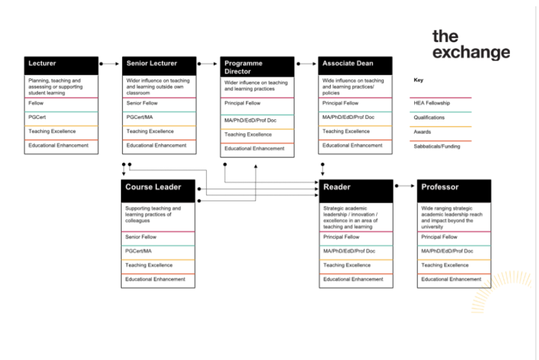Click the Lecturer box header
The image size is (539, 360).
point(61,66)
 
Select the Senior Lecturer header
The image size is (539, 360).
point(159,66)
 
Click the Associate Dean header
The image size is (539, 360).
point(355,66)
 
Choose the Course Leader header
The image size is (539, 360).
point(158,191)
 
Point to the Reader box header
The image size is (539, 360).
point(356,191)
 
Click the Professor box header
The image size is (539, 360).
point(454,191)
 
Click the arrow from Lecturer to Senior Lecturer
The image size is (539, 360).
point(109,64)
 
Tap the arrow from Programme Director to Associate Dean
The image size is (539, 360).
point(306,64)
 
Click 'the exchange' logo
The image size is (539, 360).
point(471,45)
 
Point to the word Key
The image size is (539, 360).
point(418,80)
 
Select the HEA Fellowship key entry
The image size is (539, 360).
point(432,103)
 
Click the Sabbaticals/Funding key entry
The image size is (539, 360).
point(437,146)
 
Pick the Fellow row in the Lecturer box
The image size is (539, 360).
point(36,103)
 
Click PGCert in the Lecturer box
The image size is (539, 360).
point(37,117)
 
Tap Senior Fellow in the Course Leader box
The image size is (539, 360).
point(141,237)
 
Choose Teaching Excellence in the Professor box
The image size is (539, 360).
point(445,265)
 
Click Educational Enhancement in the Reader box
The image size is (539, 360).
point(353,279)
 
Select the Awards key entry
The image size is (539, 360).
point(422,132)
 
